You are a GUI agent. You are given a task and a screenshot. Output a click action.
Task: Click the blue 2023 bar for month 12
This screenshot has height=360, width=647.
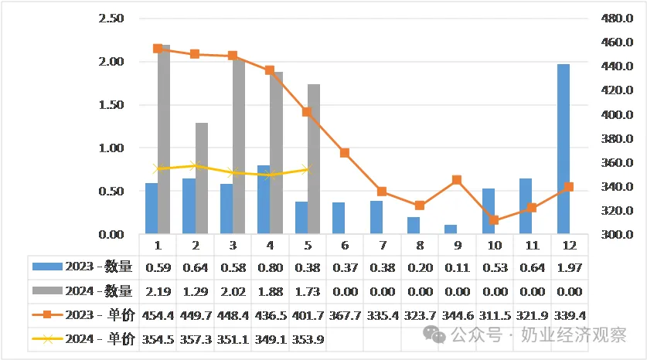pos(564,149)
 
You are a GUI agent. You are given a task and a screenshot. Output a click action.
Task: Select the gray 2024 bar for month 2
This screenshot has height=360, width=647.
pos(201,178)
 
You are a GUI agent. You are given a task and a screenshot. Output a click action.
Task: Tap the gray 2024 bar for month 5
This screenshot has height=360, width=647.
pos(314,159)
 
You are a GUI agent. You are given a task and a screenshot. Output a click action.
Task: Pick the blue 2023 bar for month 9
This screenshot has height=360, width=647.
pos(451,229)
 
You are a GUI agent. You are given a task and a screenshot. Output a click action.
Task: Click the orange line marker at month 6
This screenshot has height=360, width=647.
pos(345,153)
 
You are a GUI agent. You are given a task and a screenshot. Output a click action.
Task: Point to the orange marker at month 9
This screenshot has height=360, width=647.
pos(457,180)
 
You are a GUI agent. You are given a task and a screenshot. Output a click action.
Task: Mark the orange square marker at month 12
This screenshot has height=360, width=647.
pos(569,187)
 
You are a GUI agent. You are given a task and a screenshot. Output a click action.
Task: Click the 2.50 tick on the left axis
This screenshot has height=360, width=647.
pos(111,18)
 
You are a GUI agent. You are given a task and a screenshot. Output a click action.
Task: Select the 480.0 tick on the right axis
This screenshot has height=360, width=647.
pos(617,18)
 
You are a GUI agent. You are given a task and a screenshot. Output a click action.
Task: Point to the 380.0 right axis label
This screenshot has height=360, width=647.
pos(617,138)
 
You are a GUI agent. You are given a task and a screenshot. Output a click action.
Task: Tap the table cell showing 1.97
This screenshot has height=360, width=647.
pos(570,267)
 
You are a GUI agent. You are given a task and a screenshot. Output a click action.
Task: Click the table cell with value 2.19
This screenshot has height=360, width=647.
pos(158,291)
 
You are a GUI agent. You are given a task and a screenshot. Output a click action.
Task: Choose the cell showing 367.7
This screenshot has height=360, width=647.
pos(345,315)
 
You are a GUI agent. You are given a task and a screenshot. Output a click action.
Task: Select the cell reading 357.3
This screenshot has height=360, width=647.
pos(196,339)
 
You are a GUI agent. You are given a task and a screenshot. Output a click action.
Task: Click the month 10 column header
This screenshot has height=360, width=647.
pos(495,246)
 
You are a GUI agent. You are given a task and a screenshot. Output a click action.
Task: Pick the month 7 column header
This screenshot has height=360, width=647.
pos(383,246)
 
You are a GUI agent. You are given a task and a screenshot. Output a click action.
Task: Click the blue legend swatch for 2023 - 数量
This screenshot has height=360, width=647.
pos(47,267)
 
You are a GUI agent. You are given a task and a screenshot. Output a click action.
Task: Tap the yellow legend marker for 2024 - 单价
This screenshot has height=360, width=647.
pos(47,339)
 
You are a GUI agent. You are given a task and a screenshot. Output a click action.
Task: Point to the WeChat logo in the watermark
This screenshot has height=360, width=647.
pos(434,335)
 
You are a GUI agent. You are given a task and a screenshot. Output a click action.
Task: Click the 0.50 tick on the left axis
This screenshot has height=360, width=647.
pos(111,191)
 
